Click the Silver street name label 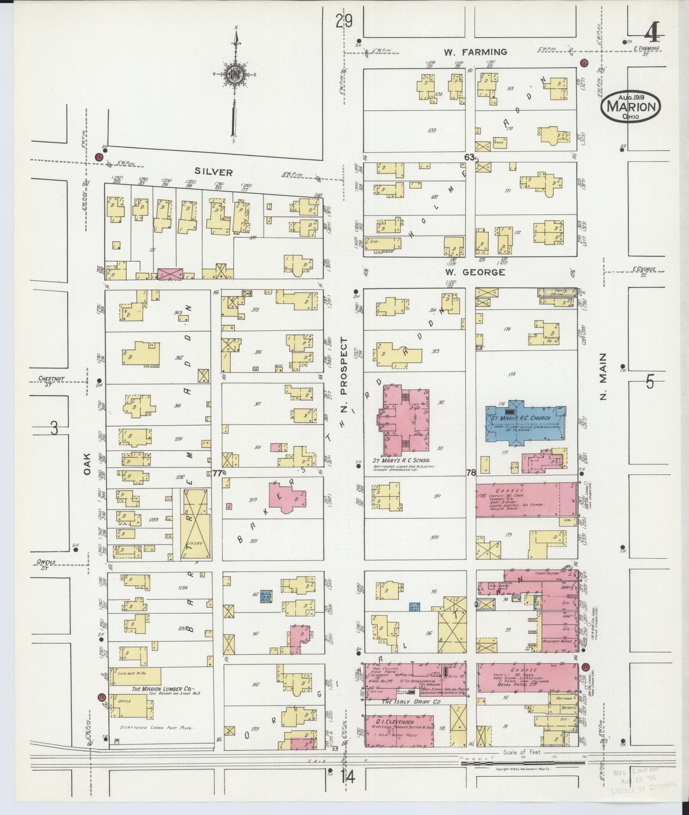click(213, 173)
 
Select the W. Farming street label click(468, 52)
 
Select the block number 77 click(217, 473)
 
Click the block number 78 click(471, 473)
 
